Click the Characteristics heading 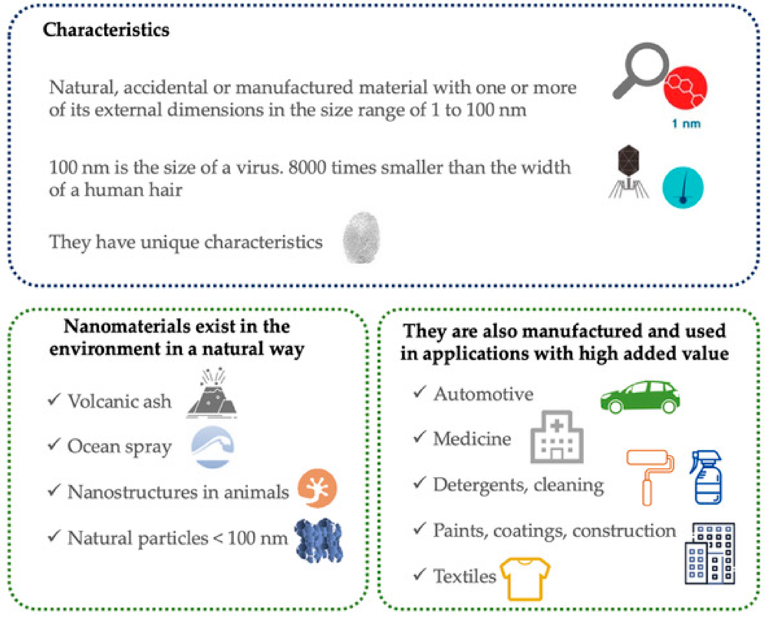pyautogui.click(x=106, y=30)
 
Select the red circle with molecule pyautogui.click(x=685, y=88)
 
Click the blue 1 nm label pyautogui.click(x=686, y=124)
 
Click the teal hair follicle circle pyautogui.click(x=683, y=188)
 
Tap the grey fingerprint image pyautogui.click(x=361, y=237)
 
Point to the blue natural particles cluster pyautogui.click(x=319, y=540)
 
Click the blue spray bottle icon pyautogui.click(x=707, y=477)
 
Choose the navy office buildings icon pyautogui.click(x=709, y=553)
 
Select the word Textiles pyautogui.click(x=464, y=576)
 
